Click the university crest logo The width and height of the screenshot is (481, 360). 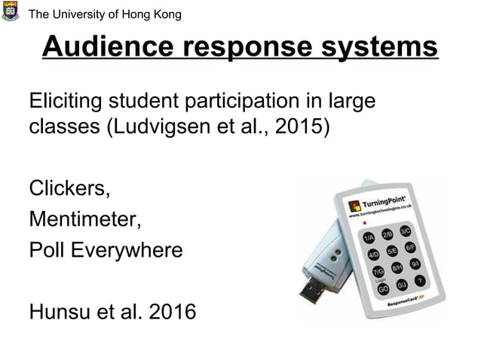[x=11, y=11]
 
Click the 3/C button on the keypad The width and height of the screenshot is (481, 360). [x=405, y=230]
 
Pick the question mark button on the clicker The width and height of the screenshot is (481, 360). [x=420, y=280]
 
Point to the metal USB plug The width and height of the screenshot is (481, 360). [x=312, y=289]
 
